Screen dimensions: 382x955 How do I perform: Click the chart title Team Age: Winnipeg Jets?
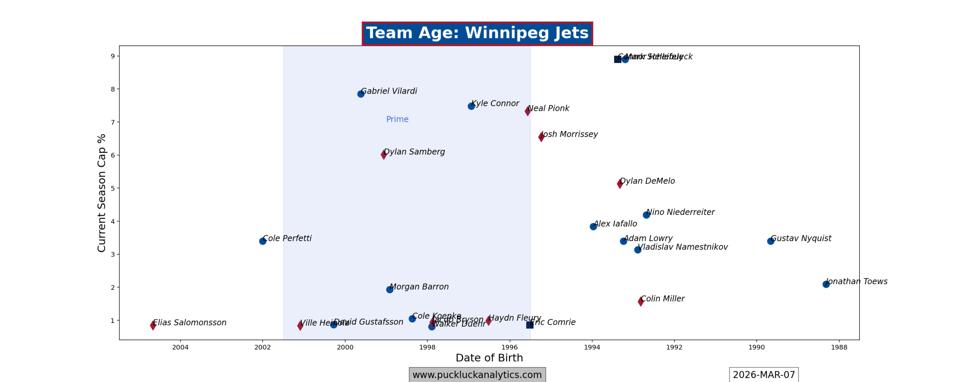[477, 33]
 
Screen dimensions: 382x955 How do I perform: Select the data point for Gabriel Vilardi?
[361, 94]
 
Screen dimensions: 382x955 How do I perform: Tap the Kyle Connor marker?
[471, 106]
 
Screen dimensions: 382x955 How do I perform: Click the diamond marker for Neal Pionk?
[527, 111]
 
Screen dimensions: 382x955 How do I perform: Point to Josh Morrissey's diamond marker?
[541, 137]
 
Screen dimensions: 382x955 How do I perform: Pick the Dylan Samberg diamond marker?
[384, 154]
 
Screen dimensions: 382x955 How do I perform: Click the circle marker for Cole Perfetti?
[263, 241]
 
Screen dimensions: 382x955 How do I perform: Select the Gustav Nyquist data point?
[771, 241]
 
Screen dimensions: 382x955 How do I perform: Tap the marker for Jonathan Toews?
[826, 284]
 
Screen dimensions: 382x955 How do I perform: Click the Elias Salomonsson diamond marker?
[153, 325]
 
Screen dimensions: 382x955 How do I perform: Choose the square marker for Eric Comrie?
[529, 325]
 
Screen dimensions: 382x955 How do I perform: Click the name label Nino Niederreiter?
[680, 212]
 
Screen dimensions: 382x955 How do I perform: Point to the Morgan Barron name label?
[419, 287]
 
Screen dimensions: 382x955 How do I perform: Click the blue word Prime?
[397, 119]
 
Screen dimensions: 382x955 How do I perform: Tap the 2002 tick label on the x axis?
[263, 347]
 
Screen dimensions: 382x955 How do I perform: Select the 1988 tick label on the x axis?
[839, 347]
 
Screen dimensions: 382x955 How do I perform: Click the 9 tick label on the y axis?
[113, 56]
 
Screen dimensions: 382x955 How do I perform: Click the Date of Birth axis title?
[489, 358]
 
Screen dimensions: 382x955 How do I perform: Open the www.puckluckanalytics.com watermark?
[477, 375]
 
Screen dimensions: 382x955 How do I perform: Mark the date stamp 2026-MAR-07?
[764, 375]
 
